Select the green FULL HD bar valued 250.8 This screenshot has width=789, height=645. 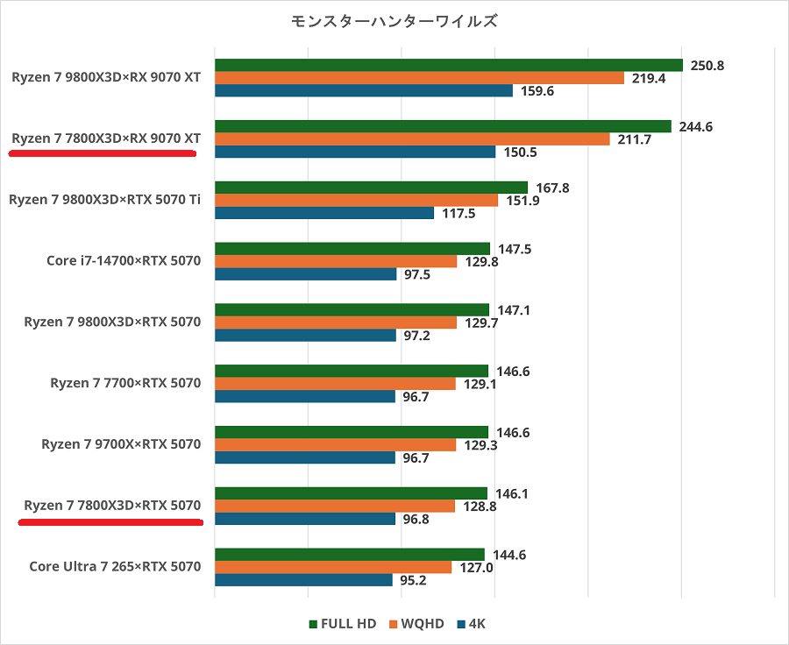pyautogui.click(x=448, y=65)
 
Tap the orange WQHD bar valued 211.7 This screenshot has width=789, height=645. pyautogui.click(x=412, y=138)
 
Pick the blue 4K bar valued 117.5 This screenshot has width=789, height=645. pyautogui.click(x=324, y=213)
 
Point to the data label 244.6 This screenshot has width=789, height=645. pyautogui.click(x=695, y=126)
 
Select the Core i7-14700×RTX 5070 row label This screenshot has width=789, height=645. pyautogui.click(x=124, y=260)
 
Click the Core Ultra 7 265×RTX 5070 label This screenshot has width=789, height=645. pyautogui.click(x=115, y=566)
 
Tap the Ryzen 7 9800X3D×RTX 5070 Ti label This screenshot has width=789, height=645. pyautogui.click(x=105, y=199)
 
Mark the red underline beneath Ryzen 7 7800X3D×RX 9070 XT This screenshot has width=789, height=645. pyautogui.click(x=102, y=152)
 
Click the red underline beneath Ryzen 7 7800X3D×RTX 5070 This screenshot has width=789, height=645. pyautogui.click(x=110, y=521)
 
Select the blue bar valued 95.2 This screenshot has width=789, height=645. pyautogui.click(x=303, y=580)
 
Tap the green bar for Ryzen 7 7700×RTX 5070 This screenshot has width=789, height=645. pyautogui.click(x=351, y=371)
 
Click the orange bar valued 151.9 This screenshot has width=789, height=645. pyautogui.click(x=356, y=200)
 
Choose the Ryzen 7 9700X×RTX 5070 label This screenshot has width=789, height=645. pyautogui.click(x=121, y=444)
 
